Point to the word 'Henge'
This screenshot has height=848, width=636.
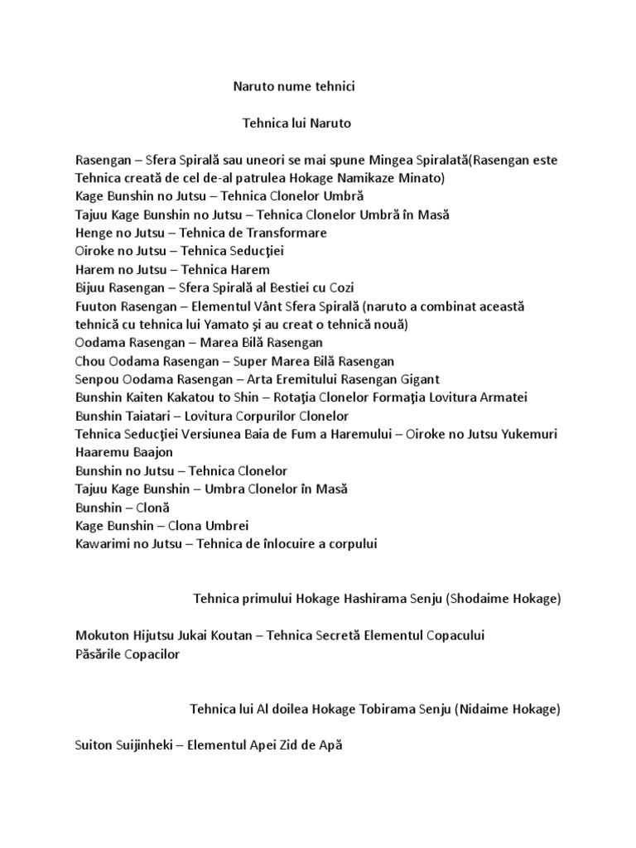pos(93,233)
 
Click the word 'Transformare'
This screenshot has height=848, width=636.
pos(286,233)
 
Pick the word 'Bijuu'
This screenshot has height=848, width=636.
pos(91,288)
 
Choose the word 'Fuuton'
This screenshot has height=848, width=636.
pos(96,306)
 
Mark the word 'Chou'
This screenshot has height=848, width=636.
pos(89,361)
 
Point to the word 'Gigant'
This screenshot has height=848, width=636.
pos(420,379)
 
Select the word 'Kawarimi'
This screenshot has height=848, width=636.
pos(102,544)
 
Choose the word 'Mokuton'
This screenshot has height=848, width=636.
pos(102,636)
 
